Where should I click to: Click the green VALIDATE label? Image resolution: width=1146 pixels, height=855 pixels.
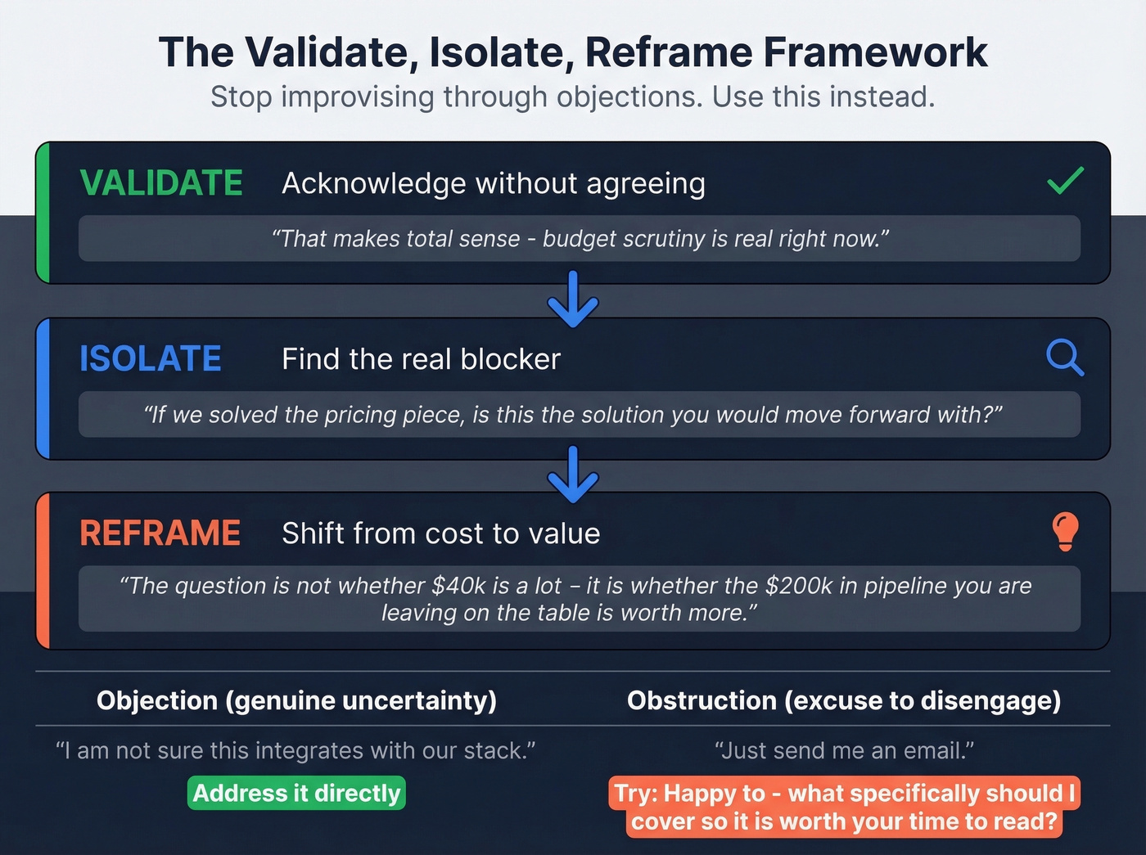pyautogui.click(x=161, y=183)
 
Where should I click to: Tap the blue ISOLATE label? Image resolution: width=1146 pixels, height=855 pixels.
pyautogui.click(x=150, y=359)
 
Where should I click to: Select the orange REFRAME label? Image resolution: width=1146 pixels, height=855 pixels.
pyautogui.click(x=160, y=533)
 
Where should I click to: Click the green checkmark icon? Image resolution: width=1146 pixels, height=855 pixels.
pyautogui.click(x=1065, y=180)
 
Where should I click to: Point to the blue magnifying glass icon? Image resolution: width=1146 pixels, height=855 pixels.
pyautogui.click(x=1064, y=358)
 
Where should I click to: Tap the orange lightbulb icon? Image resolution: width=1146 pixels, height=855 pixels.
pyautogui.click(x=1065, y=532)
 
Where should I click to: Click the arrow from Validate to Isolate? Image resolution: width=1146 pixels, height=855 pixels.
pyautogui.click(x=573, y=299)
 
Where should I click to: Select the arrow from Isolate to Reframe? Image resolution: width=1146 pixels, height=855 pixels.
pyautogui.click(x=573, y=475)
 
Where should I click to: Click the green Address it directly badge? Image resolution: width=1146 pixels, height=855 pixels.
pyautogui.click(x=296, y=793)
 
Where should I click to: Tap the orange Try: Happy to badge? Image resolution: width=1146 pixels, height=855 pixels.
pyautogui.click(x=844, y=807)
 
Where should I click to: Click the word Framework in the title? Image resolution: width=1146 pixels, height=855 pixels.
pyautogui.click(x=875, y=52)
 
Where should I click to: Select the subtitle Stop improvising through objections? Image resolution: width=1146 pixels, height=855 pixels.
pyautogui.click(x=572, y=97)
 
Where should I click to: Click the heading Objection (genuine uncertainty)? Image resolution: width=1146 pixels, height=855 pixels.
pyautogui.click(x=296, y=700)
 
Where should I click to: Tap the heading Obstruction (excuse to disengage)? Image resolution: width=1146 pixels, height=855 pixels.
pyautogui.click(x=844, y=700)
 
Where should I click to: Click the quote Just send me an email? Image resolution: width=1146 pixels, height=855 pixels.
pyautogui.click(x=844, y=750)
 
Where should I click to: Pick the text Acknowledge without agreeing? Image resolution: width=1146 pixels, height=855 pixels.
pyautogui.click(x=493, y=183)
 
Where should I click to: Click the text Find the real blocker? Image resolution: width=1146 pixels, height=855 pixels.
pyautogui.click(x=421, y=359)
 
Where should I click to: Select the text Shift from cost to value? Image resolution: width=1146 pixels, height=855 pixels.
pyautogui.click(x=440, y=533)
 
